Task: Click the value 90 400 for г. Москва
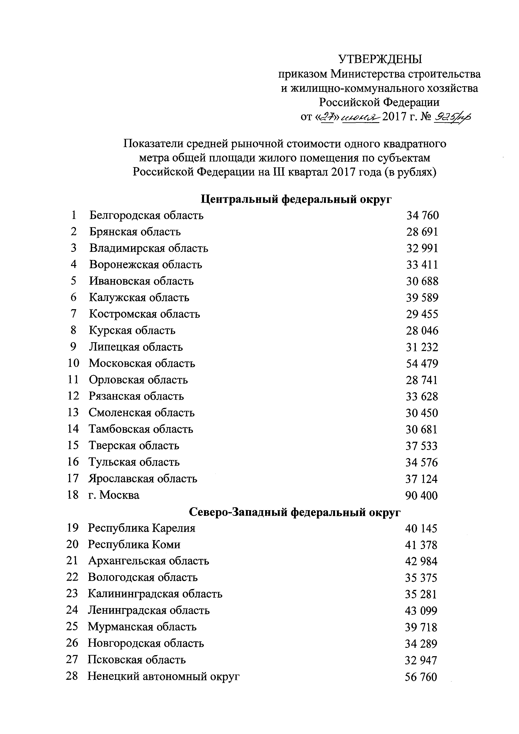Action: click(421, 496)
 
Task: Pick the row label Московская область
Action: click(142, 364)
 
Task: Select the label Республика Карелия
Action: click(142, 528)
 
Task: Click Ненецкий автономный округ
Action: click(164, 676)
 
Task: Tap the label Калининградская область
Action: click(155, 594)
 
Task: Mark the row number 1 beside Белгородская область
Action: click(74, 215)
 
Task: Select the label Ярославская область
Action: click(143, 479)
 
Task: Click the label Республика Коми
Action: click(134, 545)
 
